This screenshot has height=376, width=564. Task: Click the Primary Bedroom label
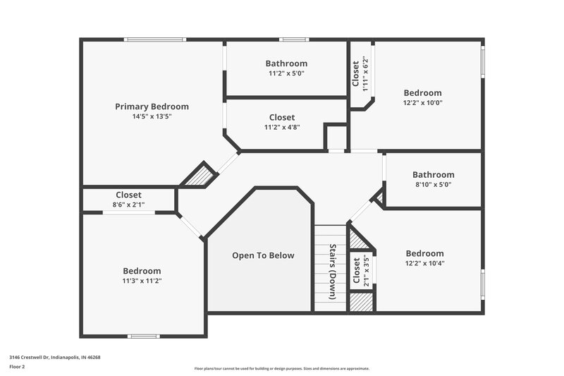tap(152, 107)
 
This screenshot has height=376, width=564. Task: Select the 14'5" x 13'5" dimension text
tap(152, 116)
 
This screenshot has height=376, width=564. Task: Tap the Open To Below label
tap(263, 255)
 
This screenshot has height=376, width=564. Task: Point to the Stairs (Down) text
tap(331, 271)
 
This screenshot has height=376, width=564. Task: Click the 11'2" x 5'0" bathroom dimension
tap(286, 73)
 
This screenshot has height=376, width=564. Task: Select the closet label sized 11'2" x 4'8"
tap(282, 117)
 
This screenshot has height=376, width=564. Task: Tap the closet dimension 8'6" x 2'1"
tap(128, 205)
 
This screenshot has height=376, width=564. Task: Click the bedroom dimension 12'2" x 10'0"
tap(422, 102)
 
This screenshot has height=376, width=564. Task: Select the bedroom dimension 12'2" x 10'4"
tap(424, 263)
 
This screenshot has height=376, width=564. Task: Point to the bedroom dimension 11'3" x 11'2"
tap(142, 280)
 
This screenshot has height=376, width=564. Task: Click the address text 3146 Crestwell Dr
tap(55, 357)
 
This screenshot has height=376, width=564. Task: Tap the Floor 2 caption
tap(18, 367)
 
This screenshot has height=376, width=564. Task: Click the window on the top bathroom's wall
tap(293, 40)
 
